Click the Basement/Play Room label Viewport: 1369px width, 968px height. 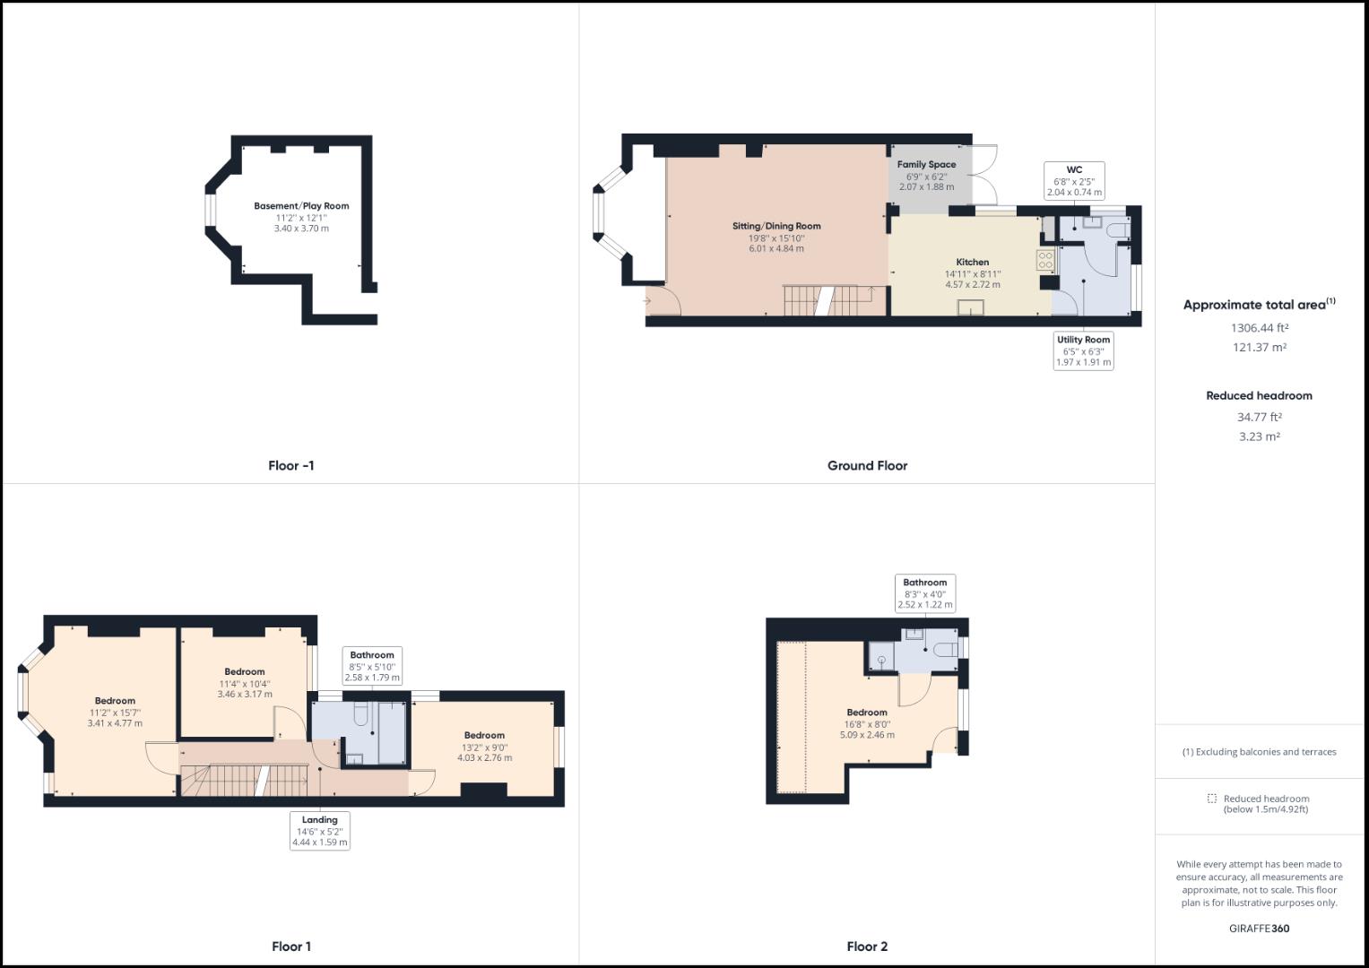pos(301,206)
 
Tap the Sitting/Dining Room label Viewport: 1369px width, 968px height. pos(776,226)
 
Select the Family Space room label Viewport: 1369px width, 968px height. pos(927,165)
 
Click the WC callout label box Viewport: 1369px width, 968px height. pos(1074,180)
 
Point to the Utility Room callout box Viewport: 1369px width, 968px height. pos(1083,350)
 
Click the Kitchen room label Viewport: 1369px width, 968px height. pos(972,263)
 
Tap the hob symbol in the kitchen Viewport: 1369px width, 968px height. pos(1045,261)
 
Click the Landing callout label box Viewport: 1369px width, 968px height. pos(320,831)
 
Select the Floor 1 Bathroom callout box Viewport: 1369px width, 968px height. pos(372,666)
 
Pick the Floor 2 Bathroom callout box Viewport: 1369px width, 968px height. pos(925,593)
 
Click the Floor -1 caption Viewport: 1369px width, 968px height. pos(291,466)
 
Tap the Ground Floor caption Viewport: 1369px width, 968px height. pos(867,466)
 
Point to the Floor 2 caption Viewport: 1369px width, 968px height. pos(867,946)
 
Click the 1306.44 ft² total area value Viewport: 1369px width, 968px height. pos(1259,328)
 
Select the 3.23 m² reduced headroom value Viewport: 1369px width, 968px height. pos(1259,437)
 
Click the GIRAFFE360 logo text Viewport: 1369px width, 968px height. pos(1259,929)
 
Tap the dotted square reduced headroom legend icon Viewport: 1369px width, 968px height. pos(1212,799)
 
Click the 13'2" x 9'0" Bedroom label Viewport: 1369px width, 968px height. pos(484,736)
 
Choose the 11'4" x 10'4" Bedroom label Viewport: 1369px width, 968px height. pos(245,672)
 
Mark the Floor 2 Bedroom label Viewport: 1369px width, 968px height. pos(867,713)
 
